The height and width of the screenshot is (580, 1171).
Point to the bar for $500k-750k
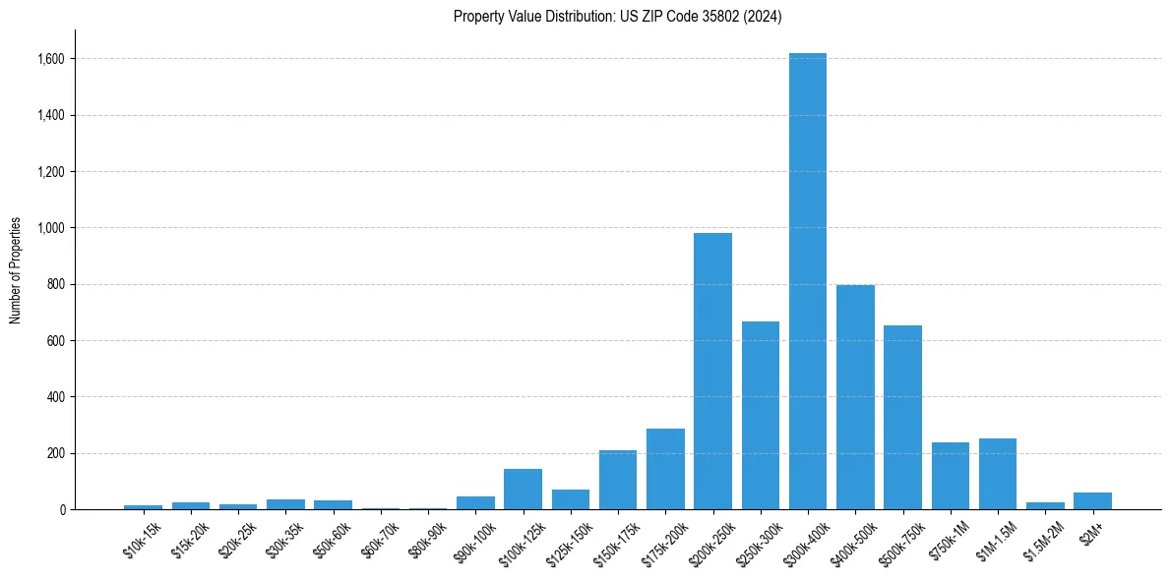pos(902,418)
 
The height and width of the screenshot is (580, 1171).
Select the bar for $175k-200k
pos(665,469)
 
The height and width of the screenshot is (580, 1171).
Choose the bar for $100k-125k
pos(523,490)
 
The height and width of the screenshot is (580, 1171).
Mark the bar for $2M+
pos(1092,501)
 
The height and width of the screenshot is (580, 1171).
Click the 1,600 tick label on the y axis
pos(51,59)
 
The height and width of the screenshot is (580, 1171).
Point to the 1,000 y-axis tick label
pos(51,228)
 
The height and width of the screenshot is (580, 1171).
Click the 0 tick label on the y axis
pos(61,510)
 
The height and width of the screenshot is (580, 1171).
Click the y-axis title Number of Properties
pos(15,270)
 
